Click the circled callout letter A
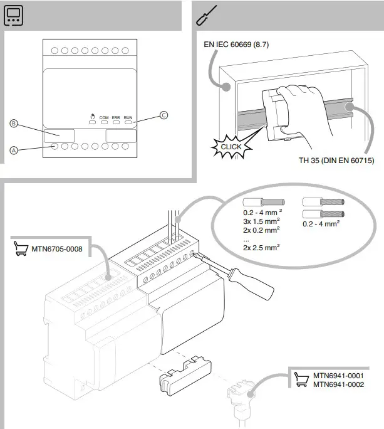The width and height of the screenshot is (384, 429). pyautogui.click(x=14, y=151)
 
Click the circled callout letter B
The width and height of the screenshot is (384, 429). pyautogui.click(x=14, y=124)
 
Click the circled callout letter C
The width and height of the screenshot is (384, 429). pyautogui.click(x=164, y=115)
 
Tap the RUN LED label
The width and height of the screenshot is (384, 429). pyautogui.click(x=128, y=117)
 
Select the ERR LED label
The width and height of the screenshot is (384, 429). pyautogui.click(x=116, y=117)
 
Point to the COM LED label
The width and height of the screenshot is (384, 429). pyautogui.click(x=104, y=117)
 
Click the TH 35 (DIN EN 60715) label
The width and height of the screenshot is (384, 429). pyautogui.click(x=336, y=161)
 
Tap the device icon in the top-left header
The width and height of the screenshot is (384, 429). pyautogui.click(x=14, y=17)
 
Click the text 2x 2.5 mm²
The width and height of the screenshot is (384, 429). pyautogui.click(x=260, y=248)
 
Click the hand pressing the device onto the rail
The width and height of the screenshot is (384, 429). pyautogui.click(x=306, y=107)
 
